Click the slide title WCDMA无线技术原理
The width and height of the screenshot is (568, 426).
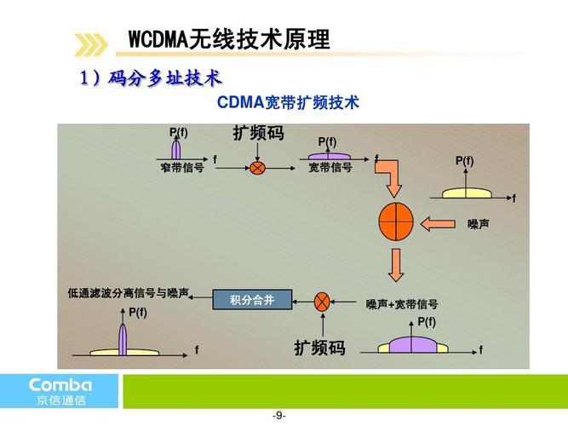click(x=228, y=40)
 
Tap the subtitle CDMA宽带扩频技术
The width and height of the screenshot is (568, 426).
click(x=288, y=103)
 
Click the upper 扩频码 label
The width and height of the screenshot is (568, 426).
click(x=258, y=135)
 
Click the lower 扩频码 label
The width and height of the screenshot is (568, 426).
click(x=319, y=348)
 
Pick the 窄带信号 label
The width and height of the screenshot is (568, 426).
click(x=182, y=168)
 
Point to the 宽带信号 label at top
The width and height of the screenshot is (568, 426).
click(x=330, y=168)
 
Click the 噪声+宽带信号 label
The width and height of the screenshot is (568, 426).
click(x=402, y=304)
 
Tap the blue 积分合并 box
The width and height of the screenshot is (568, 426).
click(x=252, y=300)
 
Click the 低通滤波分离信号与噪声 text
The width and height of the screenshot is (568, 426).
click(x=129, y=293)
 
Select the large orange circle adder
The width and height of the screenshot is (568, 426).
click(x=396, y=222)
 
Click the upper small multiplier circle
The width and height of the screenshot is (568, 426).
click(x=257, y=168)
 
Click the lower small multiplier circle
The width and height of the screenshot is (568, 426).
click(x=323, y=301)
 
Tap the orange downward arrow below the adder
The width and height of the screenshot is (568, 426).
click(x=396, y=265)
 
